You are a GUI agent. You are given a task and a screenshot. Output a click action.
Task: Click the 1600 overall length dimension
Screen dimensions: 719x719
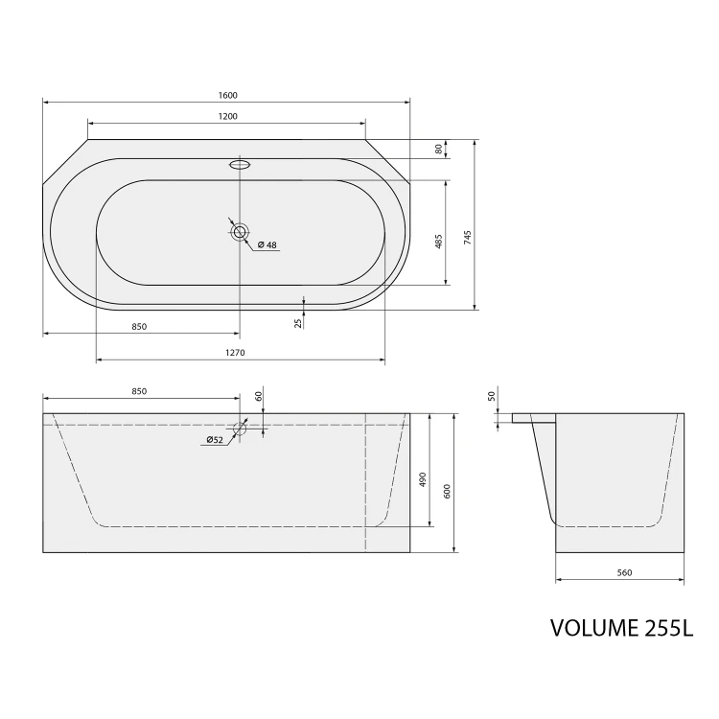[228, 95]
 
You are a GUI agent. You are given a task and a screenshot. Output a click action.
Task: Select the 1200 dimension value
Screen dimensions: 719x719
[228, 116]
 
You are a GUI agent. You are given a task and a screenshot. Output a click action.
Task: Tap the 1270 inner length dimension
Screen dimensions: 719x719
[235, 353]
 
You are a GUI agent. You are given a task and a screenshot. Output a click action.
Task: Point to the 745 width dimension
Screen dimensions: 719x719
[467, 237]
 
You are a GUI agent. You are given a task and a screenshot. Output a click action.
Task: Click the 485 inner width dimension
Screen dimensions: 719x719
[438, 242]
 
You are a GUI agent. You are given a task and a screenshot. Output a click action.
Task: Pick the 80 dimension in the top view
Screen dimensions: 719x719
[439, 149]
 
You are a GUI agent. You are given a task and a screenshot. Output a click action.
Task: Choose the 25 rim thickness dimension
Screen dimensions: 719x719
[298, 323]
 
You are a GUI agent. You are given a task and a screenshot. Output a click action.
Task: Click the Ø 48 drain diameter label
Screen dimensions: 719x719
[267, 244]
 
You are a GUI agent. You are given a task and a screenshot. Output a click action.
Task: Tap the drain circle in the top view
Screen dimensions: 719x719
[240, 232]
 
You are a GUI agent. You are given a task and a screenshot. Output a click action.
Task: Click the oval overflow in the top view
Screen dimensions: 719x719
[240, 164]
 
